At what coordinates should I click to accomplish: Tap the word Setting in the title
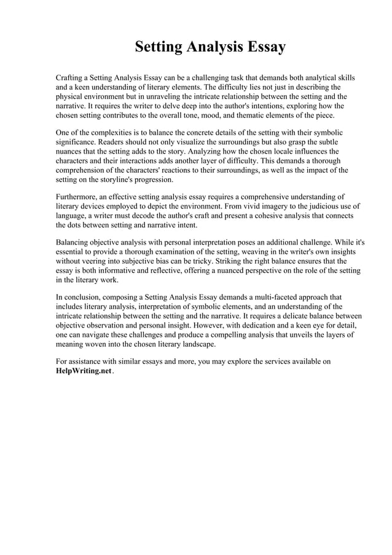pyautogui.click(x=159, y=47)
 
